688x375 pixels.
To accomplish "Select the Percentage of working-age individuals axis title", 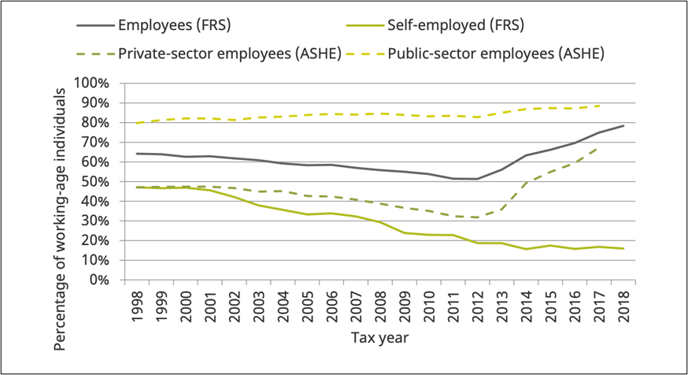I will [61, 181].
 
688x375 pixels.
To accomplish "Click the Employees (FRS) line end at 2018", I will [623, 125].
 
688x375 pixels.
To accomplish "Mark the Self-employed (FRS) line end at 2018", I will [623, 249].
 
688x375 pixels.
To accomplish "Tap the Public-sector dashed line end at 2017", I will [598, 106].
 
